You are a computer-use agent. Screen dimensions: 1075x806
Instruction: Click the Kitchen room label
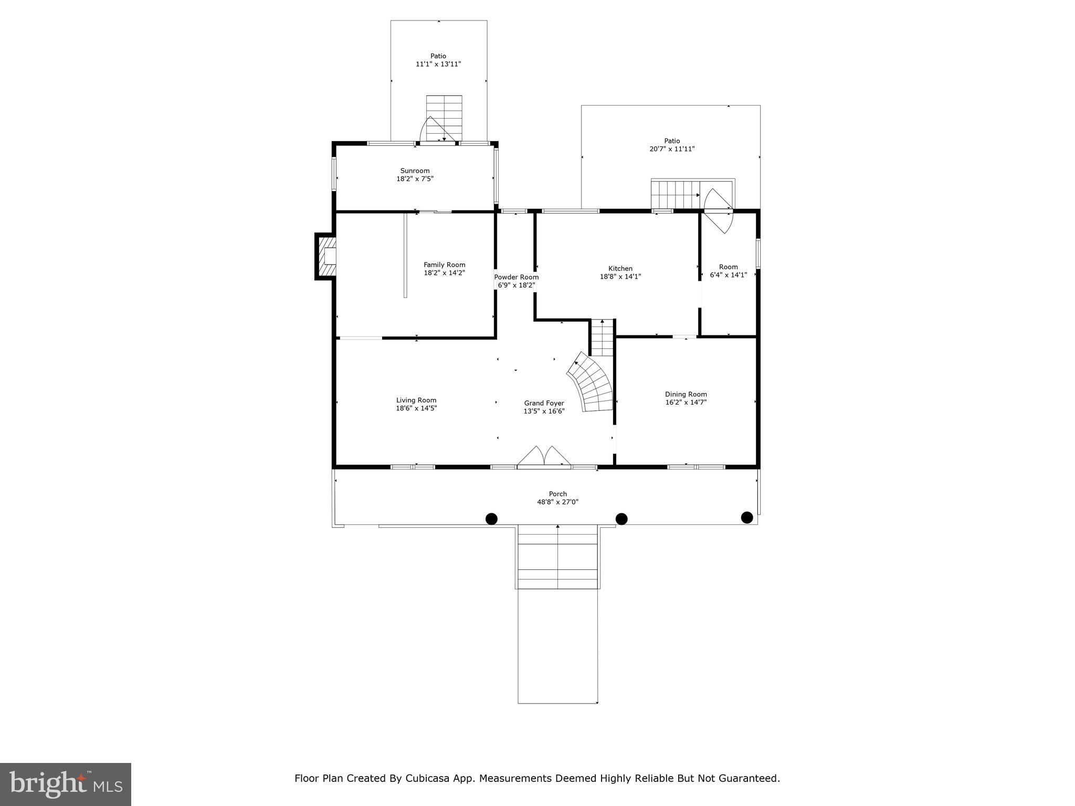click(x=620, y=269)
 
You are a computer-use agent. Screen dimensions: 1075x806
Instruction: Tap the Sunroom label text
click(x=415, y=171)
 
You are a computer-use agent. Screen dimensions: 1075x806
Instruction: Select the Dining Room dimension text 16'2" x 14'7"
click(x=686, y=402)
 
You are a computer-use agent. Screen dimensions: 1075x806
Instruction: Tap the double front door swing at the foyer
click(x=544, y=456)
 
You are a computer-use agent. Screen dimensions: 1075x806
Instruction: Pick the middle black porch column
click(x=621, y=519)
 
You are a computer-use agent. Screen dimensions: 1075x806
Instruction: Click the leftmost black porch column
click(x=491, y=519)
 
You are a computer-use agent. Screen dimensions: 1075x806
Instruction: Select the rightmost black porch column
click(x=747, y=518)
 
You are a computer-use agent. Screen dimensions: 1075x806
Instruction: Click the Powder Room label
click(x=517, y=277)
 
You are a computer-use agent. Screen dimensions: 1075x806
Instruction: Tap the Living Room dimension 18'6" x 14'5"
click(x=416, y=408)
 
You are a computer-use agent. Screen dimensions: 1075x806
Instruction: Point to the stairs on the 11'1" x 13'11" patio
click(x=444, y=118)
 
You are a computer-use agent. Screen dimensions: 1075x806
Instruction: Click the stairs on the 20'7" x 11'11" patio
click(x=676, y=194)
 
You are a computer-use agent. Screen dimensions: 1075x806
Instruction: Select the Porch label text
click(x=558, y=494)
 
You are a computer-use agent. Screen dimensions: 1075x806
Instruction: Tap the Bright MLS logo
click(x=66, y=784)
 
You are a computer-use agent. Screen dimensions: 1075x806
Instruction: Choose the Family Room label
click(x=445, y=265)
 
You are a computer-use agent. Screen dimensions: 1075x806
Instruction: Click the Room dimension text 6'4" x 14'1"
click(x=729, y=275)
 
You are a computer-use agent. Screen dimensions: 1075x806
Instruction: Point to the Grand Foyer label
click(x=544, y=403)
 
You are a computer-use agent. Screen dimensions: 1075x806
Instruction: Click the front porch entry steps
click(x=557, y=557)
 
